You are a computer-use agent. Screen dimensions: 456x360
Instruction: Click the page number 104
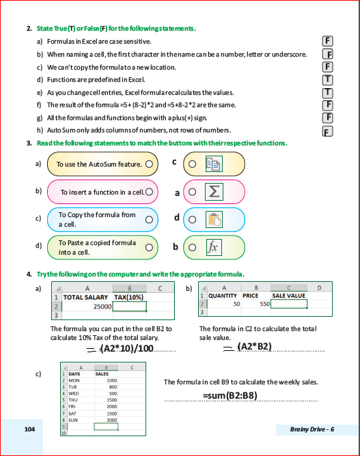[x=29, y=429]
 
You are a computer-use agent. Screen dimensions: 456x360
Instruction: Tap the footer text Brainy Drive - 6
[x=312, y=429]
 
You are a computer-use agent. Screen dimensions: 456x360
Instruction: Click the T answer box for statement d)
[x=327, y=79]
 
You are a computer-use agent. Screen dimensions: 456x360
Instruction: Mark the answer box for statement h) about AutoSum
[x=327, y=131]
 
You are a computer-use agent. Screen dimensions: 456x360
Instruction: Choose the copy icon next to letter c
[x=214, y=164]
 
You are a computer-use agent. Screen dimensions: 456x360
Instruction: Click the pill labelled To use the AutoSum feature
[x=102, y=165]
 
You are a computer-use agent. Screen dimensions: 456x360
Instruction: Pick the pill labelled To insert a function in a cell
[x=102, y=193]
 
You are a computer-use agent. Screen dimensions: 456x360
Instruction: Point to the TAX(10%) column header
[x=129, y=298]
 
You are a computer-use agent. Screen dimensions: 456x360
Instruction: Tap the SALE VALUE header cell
[x=288, y=296]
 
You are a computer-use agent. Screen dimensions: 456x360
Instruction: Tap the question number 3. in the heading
[x=29, y=143]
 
